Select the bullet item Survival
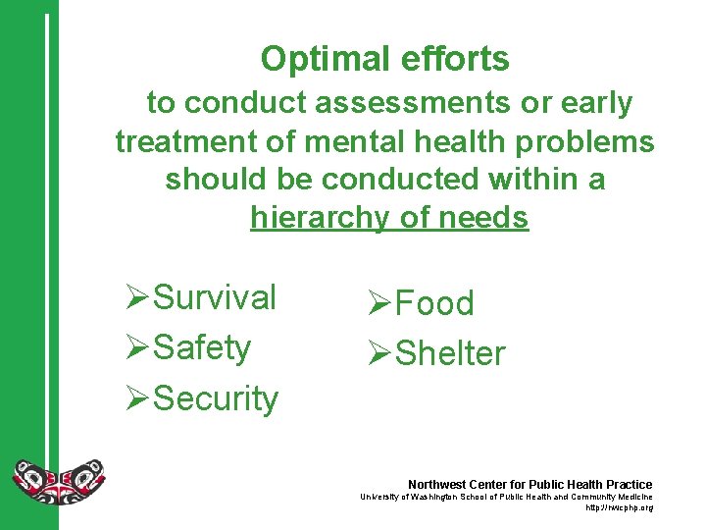click(215, 297)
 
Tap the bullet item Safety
click(202, 347)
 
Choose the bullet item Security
click(216, 398)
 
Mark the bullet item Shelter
click(450, 353)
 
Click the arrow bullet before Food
click(379, 303)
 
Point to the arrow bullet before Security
click(138, 398)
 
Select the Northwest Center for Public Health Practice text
click(529, 485)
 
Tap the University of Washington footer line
click(506, 498)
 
